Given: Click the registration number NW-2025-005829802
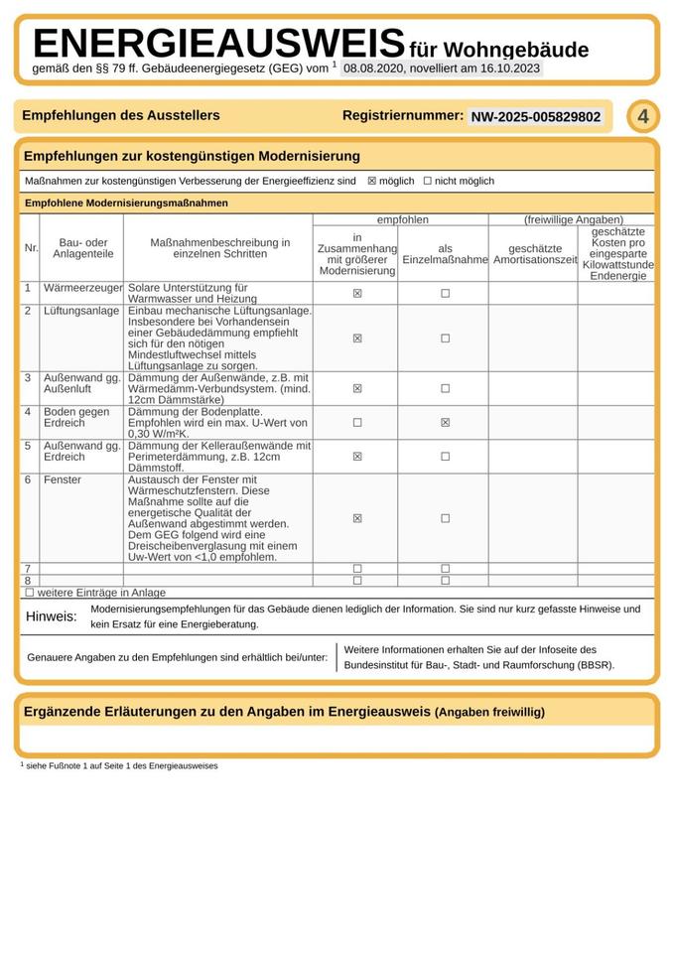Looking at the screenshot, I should point(536,117).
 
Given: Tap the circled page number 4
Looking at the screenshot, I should point(643,117).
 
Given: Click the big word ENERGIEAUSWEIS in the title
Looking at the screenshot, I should point(218,45).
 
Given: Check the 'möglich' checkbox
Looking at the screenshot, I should point(372,182).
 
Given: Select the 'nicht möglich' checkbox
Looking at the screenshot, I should point(428,182).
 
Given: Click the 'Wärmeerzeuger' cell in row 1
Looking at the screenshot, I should point(82,288).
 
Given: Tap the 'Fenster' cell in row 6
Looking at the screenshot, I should point(63,480).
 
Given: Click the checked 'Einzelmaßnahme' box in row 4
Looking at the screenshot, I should point(445,422).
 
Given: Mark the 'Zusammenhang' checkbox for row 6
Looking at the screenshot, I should point(357,518).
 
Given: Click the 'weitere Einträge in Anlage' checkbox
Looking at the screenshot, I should point(29,593).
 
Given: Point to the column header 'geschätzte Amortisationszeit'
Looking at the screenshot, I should point(535,254).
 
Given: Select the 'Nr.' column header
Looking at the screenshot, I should point(31,248).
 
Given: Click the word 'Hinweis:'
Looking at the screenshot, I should point(51,617).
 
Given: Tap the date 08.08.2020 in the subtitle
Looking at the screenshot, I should point(372,68).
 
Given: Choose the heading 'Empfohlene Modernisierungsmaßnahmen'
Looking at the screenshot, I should point(126,203).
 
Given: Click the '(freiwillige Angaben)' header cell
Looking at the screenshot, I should point(574,219).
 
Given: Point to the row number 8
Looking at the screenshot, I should point(28,581).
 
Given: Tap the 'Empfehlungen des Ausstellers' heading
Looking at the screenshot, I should point(121,116).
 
